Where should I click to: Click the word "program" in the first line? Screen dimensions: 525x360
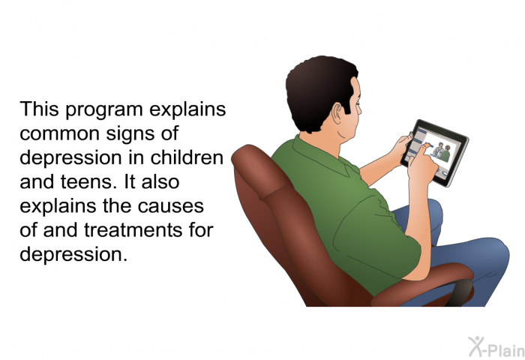pos(104,110)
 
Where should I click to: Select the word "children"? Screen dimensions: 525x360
pos(187,157)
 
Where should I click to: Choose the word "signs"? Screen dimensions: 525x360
pos(131,134)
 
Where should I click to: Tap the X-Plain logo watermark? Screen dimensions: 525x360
pos(496,346)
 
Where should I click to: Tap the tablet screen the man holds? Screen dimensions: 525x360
pos(434,149)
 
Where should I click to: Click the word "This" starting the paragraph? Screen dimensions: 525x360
pos(40,109)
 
